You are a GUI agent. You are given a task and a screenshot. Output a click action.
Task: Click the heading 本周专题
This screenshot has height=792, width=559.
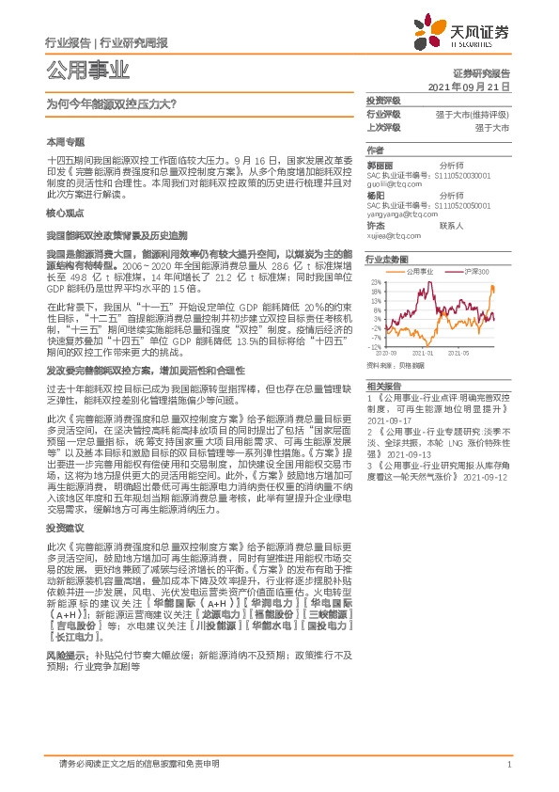click(x=64, y=140)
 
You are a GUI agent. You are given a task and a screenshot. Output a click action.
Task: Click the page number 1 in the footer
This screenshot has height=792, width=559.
click(x=508, y=763)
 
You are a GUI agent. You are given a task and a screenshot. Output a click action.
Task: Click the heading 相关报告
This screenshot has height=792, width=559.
click(x=382, y=386)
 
